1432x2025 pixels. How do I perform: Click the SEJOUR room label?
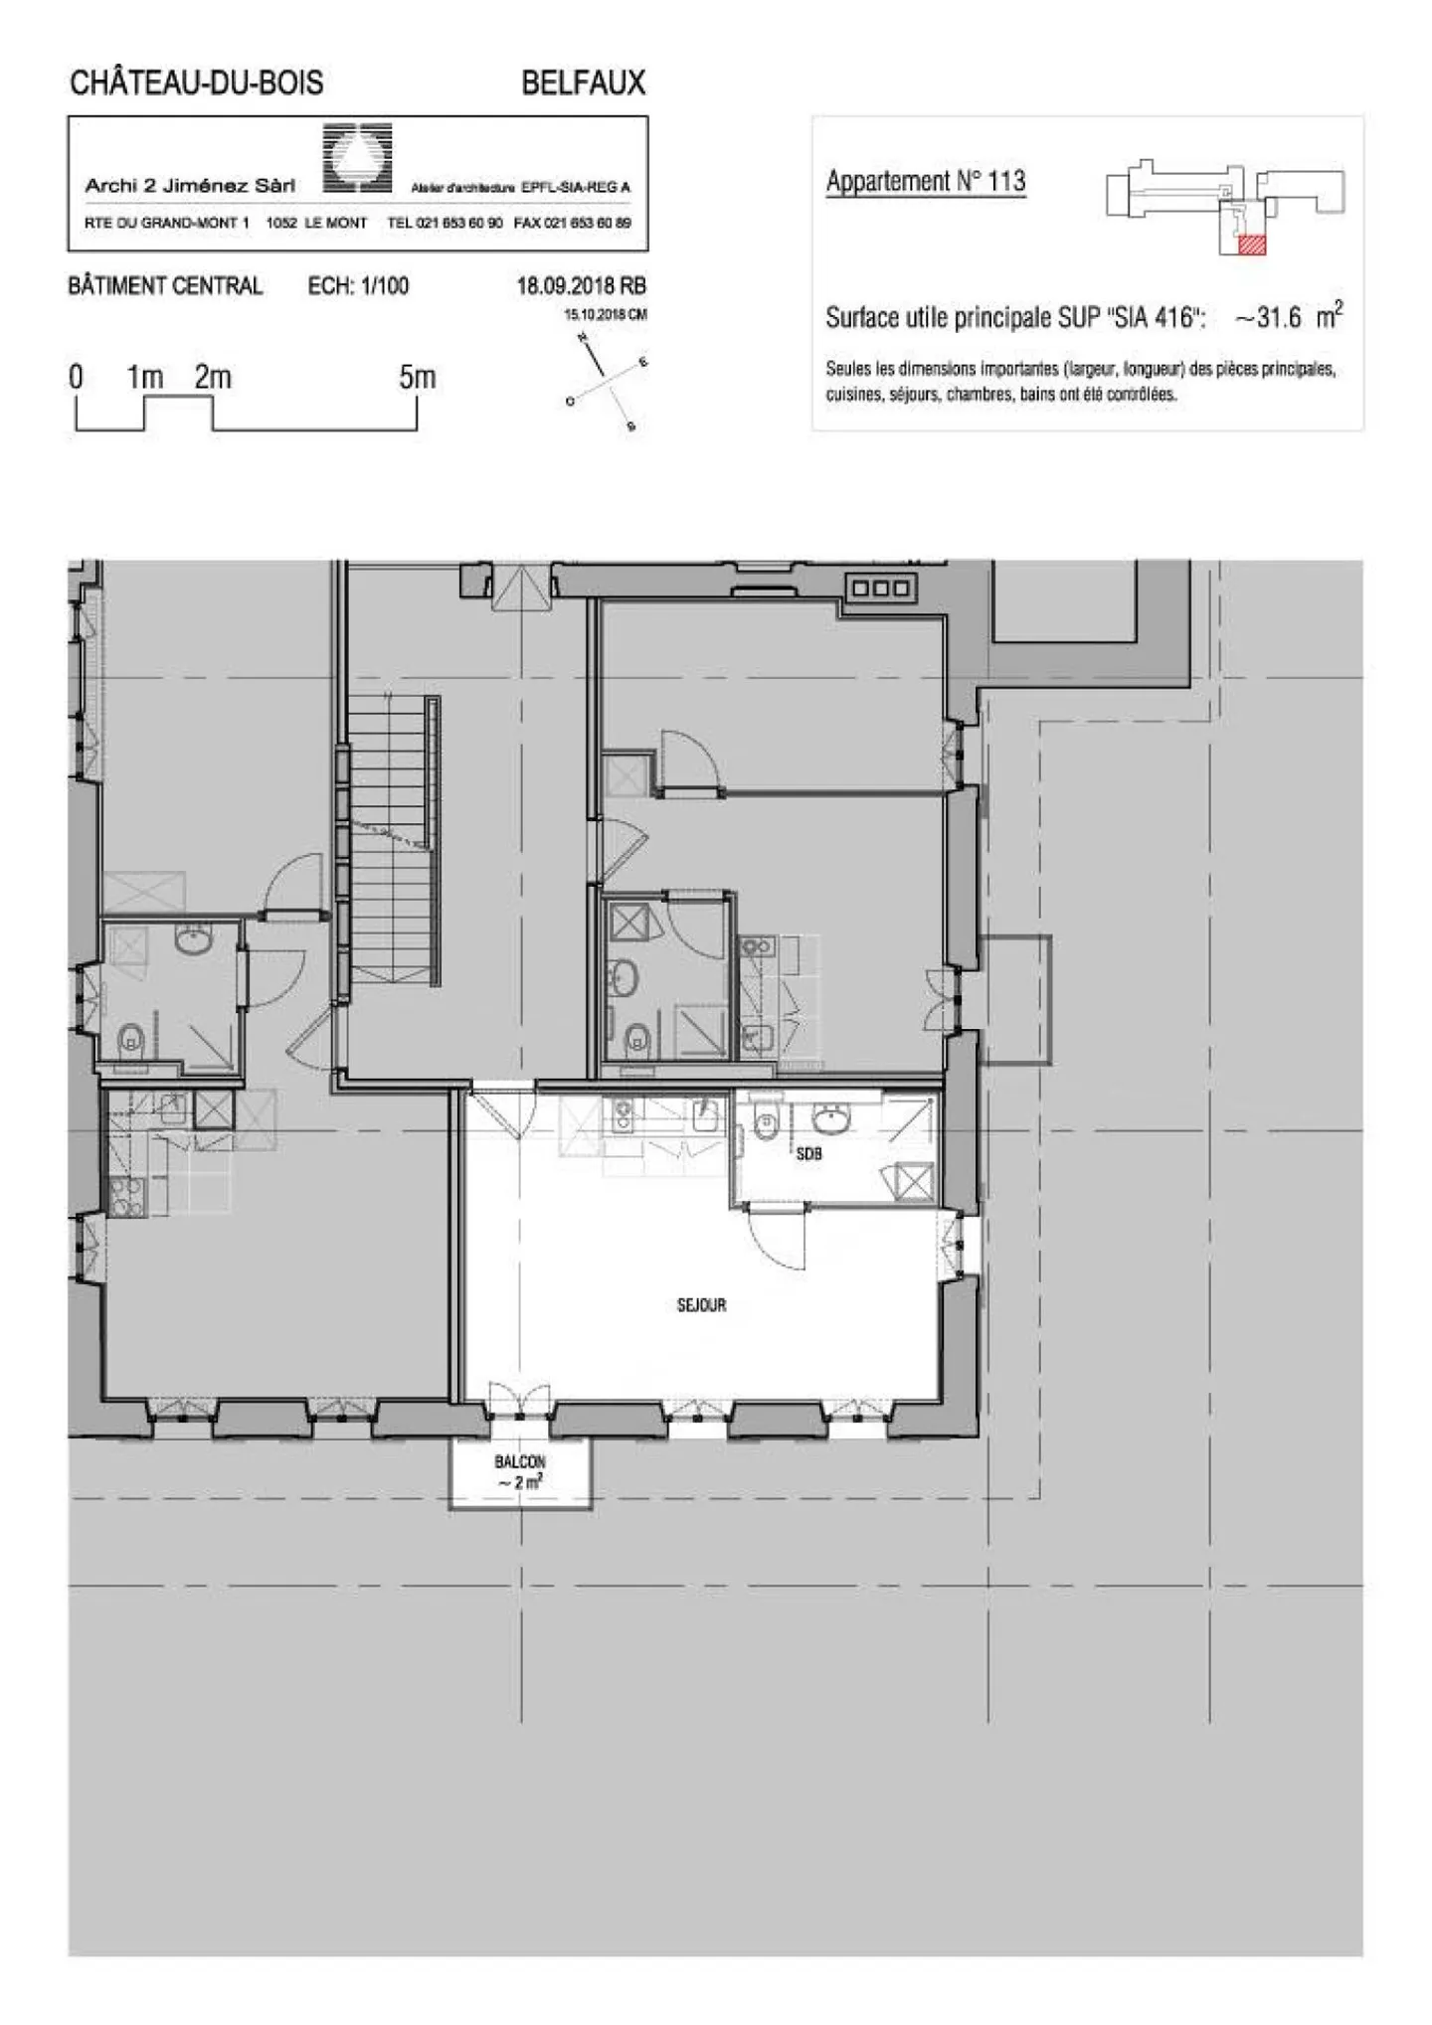point(701,1305)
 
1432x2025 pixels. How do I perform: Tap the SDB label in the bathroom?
point(808,1155)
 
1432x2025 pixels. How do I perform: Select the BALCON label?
point(520,1462)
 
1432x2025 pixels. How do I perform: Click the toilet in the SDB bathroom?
point(766,1124)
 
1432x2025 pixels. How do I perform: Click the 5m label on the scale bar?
point(417,378)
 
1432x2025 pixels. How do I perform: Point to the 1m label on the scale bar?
point(145,378)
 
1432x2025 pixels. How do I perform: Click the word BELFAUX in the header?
point(584,83)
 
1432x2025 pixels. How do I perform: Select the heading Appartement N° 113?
point(925,181)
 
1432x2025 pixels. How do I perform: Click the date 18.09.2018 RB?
point(581,286)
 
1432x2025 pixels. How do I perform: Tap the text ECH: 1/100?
point(358,286)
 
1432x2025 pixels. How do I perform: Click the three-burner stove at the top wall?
point(881,589)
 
